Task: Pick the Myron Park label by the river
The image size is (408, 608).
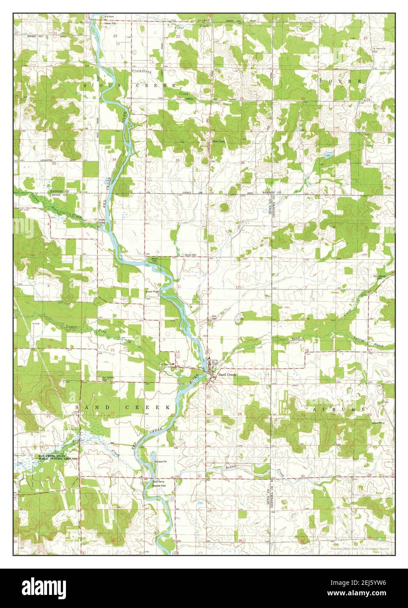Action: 154,260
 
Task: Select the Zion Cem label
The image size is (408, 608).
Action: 214,317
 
